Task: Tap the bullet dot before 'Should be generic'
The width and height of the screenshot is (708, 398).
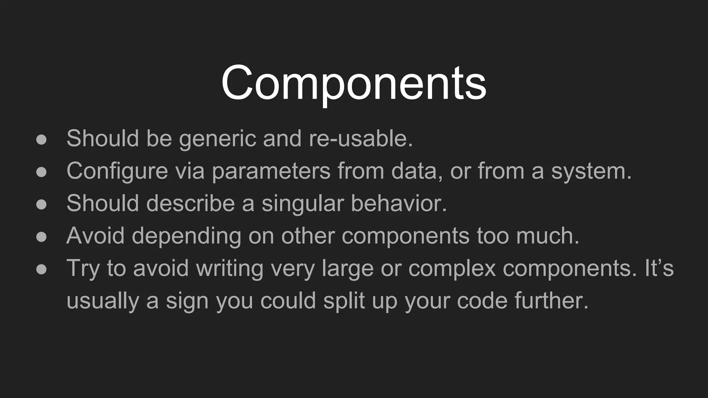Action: point(41,140)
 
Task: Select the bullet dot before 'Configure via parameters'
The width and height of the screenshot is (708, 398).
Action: point(41,172)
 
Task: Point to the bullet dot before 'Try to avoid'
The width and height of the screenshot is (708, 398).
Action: point(41,269)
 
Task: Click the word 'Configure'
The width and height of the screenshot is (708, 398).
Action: point(117,171)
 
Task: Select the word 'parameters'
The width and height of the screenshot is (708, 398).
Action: point(271,171)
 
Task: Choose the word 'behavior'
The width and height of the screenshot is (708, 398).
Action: point(399,203)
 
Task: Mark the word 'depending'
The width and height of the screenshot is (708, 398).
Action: point(186,236)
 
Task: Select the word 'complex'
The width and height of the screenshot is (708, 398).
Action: point(452,268)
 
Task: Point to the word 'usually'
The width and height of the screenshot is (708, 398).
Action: point(103,301)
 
